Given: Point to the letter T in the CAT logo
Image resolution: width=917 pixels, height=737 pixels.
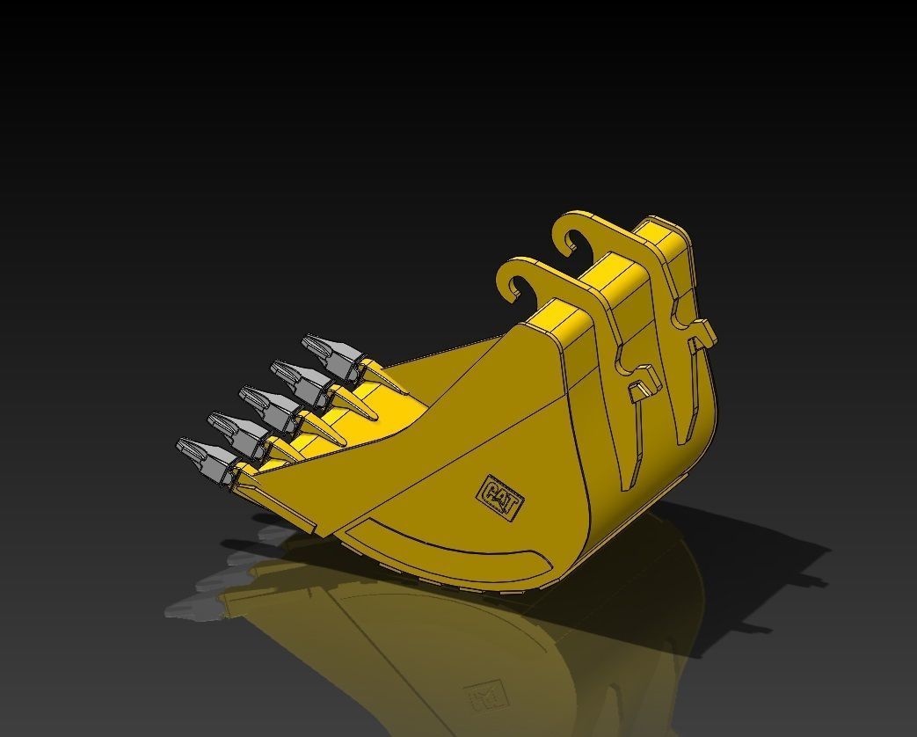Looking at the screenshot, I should click(x=513, y=505).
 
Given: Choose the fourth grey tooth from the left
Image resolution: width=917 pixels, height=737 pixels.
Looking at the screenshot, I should click(x=300, y=376).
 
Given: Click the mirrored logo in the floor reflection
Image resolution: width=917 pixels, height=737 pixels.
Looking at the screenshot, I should click(x=483, y=696).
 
